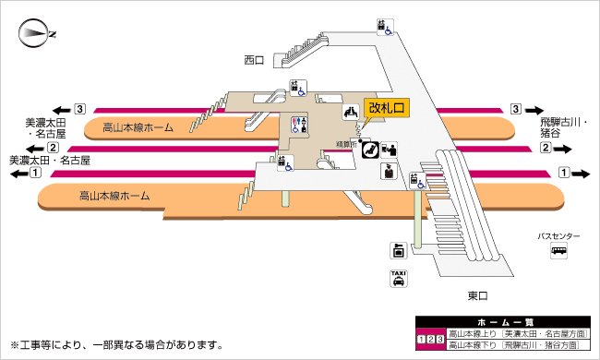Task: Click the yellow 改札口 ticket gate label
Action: pos(387,108)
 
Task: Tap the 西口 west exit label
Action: pos(254,60)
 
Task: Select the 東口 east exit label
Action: pos(477,295)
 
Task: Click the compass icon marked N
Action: pos(38,34)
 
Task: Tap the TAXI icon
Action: pos(398,280)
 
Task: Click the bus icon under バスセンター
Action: pos(559,251)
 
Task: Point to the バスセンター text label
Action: pos(559,236)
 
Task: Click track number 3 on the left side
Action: pos(80,107)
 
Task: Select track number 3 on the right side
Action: pos(515,109)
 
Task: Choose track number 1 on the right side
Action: pos(564,173)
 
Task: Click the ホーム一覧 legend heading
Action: pos(499,322)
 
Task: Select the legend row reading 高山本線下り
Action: pos(515,344)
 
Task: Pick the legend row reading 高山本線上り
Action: pos(515,333)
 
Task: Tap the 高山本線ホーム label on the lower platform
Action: pos(115,196)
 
